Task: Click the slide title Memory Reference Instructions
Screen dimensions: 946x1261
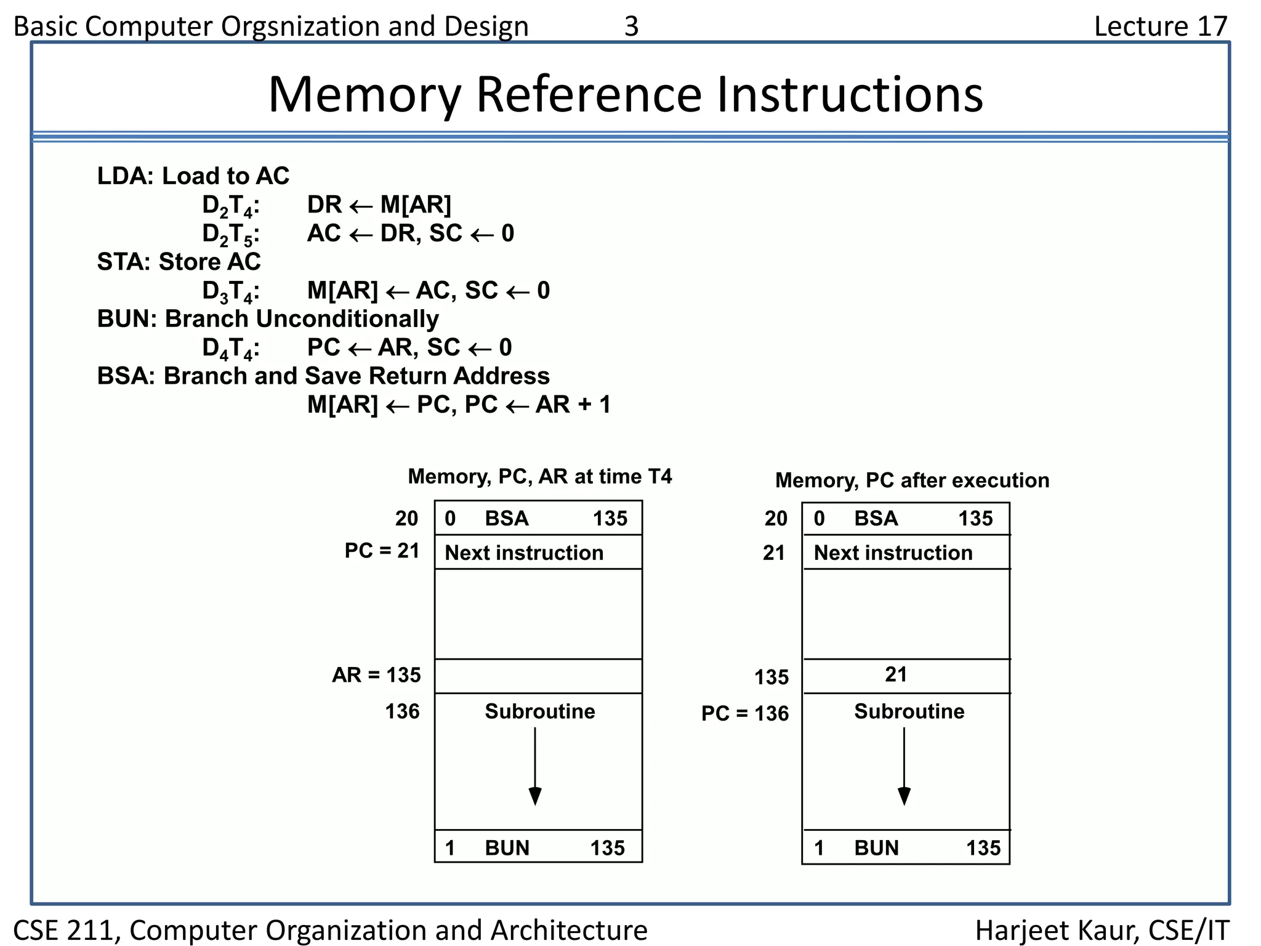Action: (x=626, y=94)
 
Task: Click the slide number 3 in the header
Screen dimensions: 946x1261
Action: (x=631, y=26)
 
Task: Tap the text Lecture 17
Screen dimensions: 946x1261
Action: (x=1161, y=26)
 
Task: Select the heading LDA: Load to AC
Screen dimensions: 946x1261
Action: (x=193, y=176)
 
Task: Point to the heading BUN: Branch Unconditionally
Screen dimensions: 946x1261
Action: (x=268, y=319)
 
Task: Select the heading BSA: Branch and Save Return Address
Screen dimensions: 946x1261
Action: (x=323, y=376)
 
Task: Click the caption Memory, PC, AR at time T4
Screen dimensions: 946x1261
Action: (x=539, y=476)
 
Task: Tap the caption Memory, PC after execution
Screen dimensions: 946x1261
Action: (x=912, y=480)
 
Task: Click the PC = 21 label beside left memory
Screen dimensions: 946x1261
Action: (x=382, y=550)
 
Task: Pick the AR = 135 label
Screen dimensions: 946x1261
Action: (x=376, y=675)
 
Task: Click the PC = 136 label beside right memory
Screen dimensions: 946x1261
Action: (x=744, y=713)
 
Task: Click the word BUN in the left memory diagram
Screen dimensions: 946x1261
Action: (x=507, y=848)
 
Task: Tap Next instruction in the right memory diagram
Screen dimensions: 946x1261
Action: (x=893, y=552)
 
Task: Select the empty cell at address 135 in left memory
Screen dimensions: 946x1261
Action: (x=538, y=676)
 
